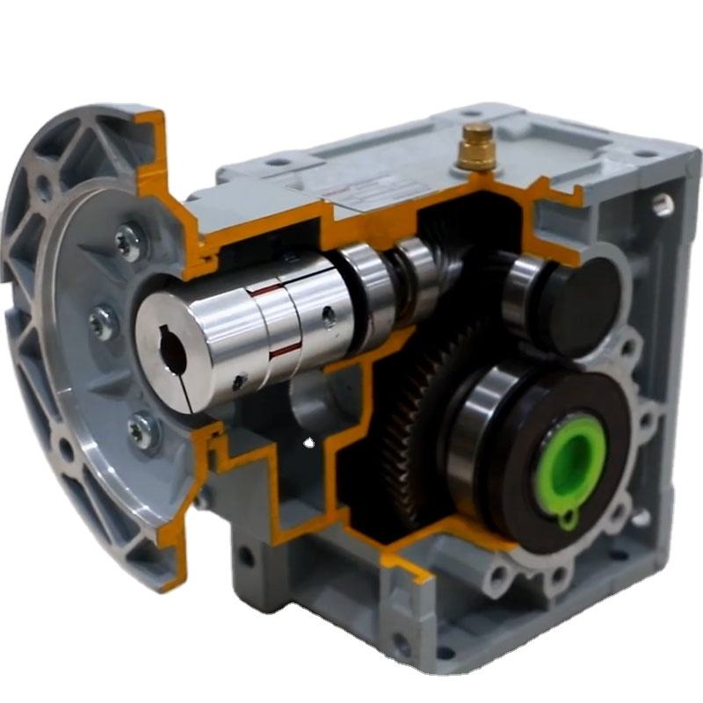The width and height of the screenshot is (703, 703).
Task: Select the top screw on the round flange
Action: tap(130, 239)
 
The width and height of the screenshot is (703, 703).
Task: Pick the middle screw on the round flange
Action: tap(103, 323)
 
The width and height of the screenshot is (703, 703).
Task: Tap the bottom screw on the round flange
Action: tap(140, 431)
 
